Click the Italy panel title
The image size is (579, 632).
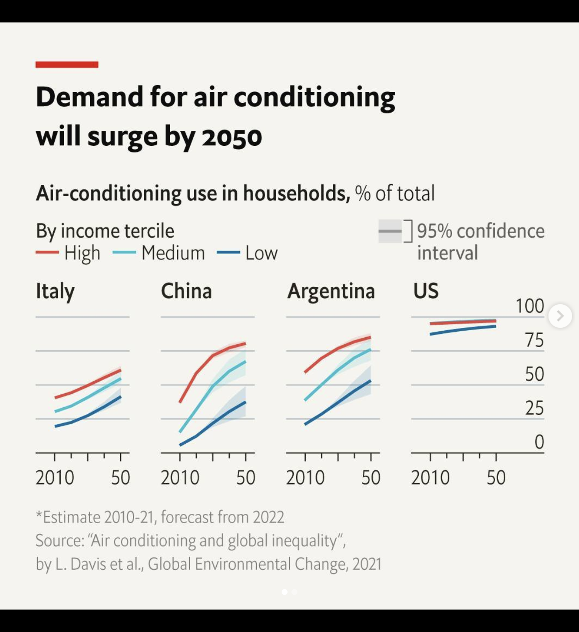pos(55,292)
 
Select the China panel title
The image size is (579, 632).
pos(186,291)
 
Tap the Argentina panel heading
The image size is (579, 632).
pos(331,292)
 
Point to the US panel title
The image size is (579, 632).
pos(426,291)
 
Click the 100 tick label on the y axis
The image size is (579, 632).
pos(530,306)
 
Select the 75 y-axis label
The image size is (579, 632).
pos(534,340)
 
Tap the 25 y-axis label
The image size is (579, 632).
pos(534,408)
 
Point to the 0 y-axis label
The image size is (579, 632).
pos(539,442)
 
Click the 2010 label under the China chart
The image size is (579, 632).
pos(180,478)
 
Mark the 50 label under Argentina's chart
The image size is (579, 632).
pos(371,478)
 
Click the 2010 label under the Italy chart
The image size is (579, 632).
pos(55,478)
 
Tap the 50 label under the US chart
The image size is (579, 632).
pos(496,478)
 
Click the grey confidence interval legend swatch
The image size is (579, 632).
pos(390,231)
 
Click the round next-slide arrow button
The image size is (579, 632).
pos(560,316)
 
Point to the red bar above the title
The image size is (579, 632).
pos(67,65)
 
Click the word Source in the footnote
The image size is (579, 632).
pos(59,541)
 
